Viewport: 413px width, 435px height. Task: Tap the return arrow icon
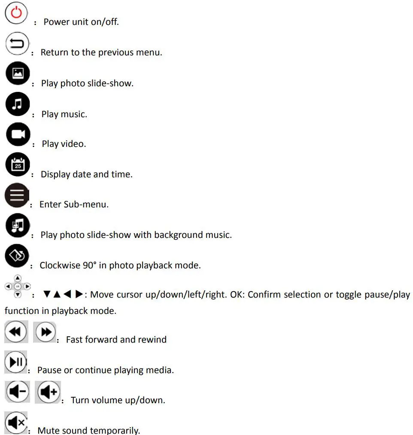17,44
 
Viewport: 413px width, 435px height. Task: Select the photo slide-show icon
18,73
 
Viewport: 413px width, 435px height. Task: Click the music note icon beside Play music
18,105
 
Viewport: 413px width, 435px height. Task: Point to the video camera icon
18,134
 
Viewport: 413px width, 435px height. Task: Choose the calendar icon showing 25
18,164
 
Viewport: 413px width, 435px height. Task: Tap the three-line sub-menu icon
17,195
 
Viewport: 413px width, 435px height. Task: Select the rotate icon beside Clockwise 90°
17,256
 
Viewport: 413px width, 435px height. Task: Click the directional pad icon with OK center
18,286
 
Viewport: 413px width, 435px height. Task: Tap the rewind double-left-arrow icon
16,332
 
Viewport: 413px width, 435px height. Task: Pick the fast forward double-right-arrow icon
46,332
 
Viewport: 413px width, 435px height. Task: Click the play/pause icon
16,362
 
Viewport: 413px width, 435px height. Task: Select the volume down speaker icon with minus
18,392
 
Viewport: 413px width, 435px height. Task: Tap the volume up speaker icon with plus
48,392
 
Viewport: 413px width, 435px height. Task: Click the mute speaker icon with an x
16,423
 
